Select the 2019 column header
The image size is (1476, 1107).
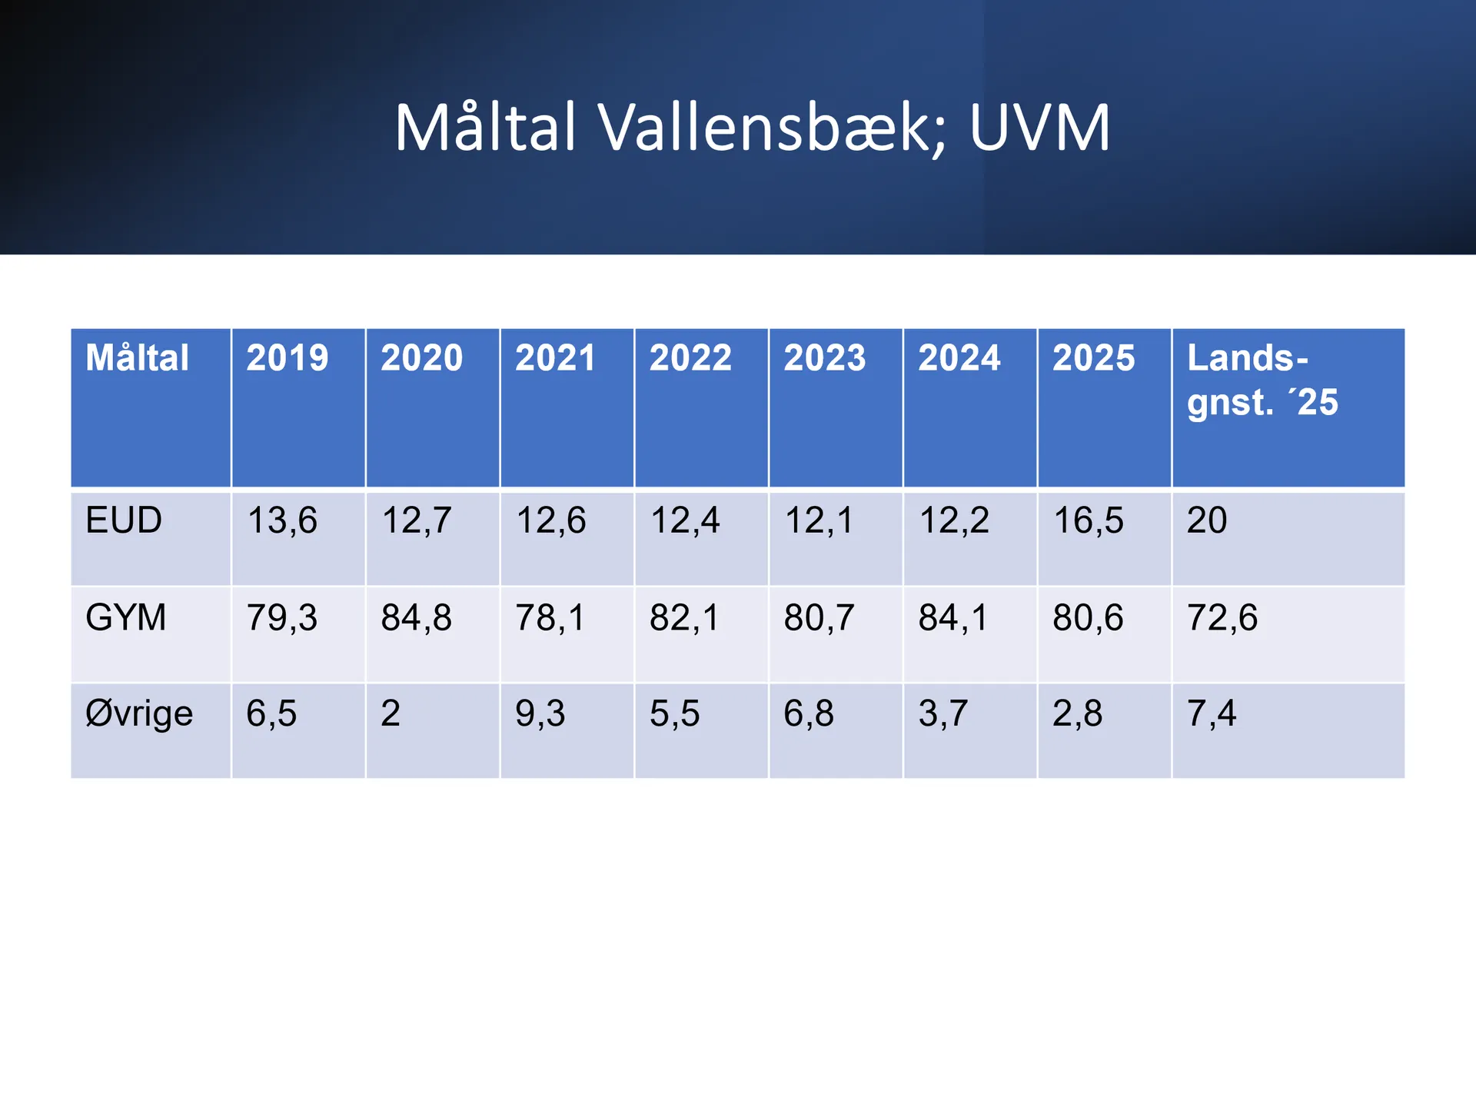coord(287,358)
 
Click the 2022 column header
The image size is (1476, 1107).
coord(690,358)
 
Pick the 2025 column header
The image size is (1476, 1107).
coord(1092,358)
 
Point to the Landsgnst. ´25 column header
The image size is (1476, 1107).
coord(1262,380)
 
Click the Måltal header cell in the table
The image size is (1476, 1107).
coord(137,358)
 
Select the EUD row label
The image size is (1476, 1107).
coord(124,520)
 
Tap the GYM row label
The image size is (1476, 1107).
coord(125,617)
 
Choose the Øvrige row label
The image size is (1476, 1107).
coord(139,714)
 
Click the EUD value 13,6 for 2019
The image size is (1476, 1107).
coord(281,520)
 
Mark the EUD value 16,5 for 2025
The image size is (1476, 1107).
coord(1088,520)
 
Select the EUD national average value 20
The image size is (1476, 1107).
coord(1206,520)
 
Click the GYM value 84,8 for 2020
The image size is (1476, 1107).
coord(416,617)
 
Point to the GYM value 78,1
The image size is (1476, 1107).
coord(550,617)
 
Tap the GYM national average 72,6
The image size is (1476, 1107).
coord(1222,617)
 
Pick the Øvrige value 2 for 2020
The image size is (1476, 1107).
coord(391,713)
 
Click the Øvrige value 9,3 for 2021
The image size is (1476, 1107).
coord(540,713)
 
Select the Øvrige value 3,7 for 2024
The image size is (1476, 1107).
coord(942,713)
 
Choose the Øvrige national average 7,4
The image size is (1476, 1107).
coord(1211,713)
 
